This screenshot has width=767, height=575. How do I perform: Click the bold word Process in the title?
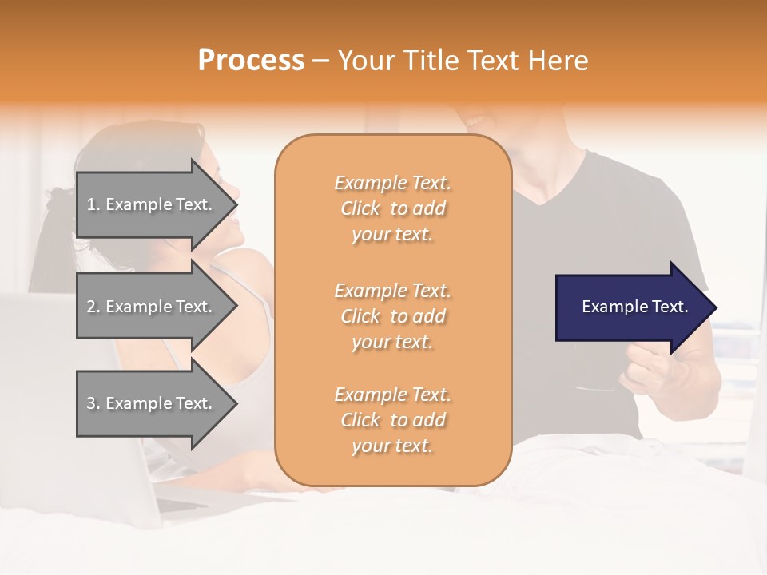251,61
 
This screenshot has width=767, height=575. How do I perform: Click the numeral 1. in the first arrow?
93,204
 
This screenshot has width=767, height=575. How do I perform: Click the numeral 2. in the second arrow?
93,307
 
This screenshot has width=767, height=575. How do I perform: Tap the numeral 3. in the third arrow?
93,403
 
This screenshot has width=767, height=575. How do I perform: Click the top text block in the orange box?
392,208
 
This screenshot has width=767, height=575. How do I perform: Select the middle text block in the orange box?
392,316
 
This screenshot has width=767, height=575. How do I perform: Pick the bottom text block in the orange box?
392,420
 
